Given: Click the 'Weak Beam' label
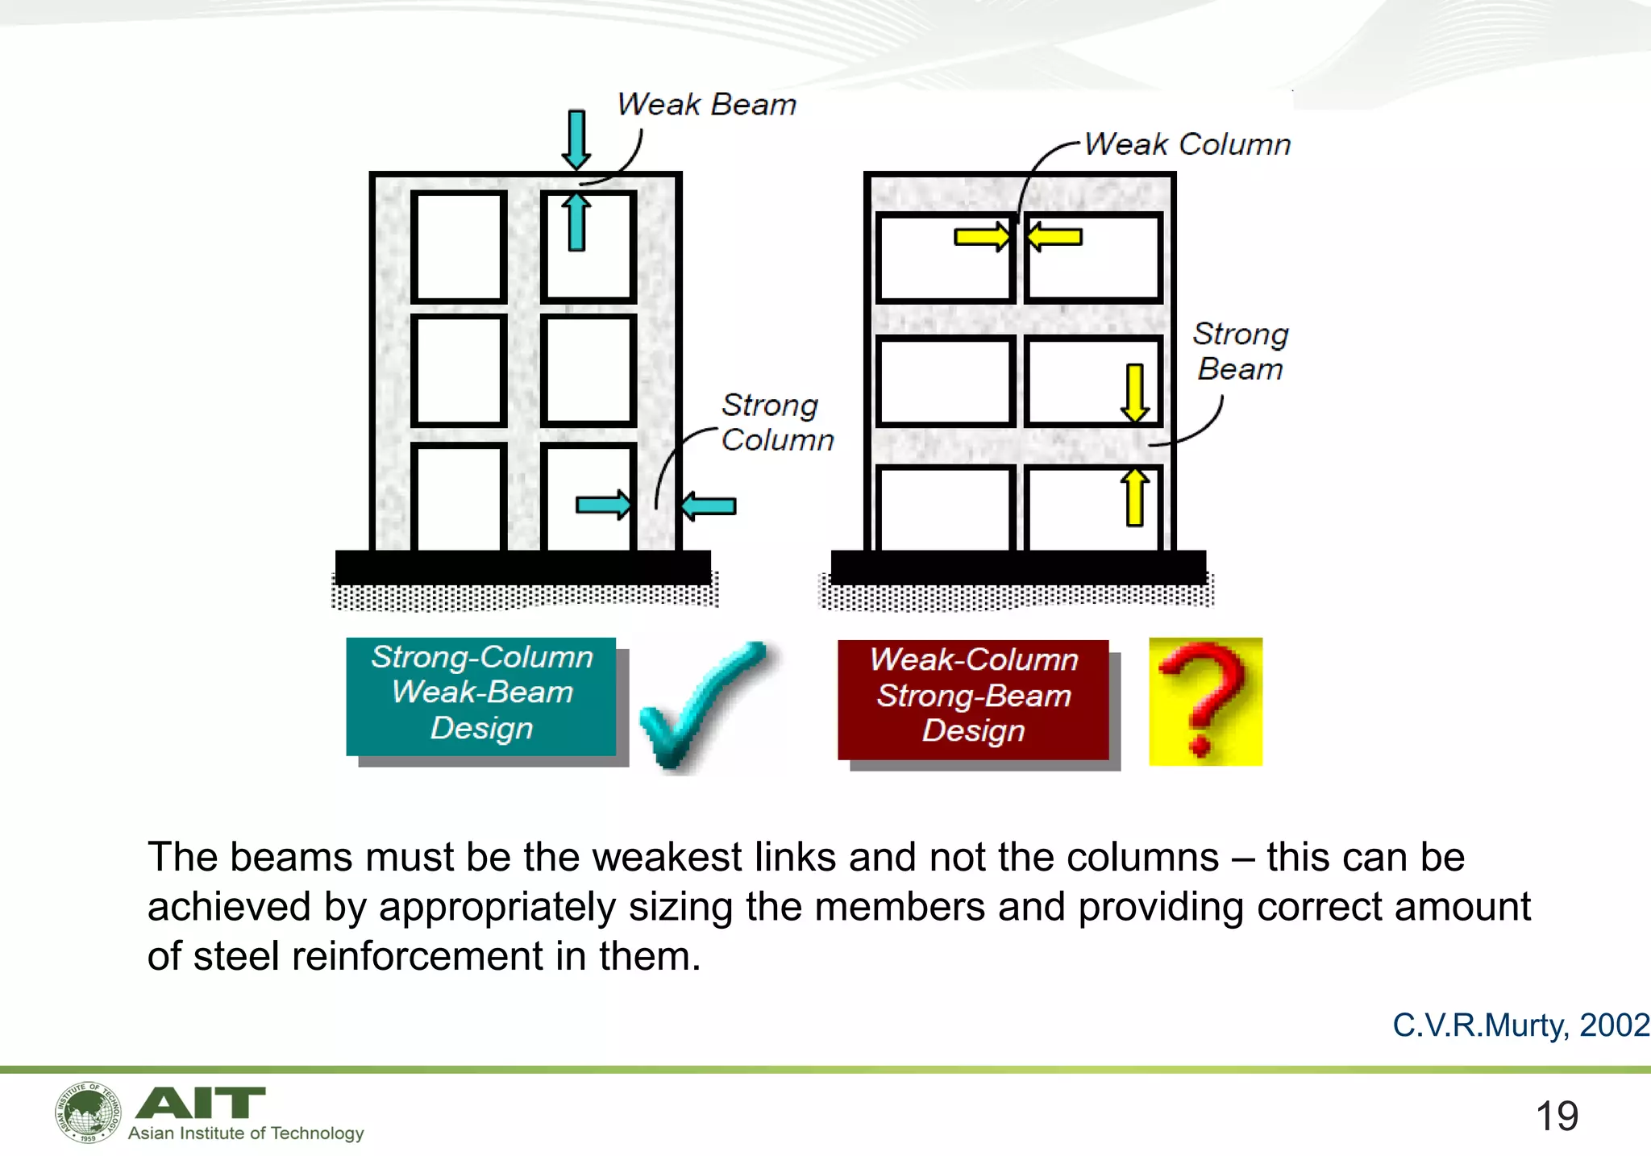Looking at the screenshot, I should (706, 105).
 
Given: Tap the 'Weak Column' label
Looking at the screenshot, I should (1187, 144).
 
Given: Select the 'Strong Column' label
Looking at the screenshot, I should (776, 422).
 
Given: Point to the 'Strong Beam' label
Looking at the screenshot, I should (1240, 351).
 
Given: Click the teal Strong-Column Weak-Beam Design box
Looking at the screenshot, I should (481, 696).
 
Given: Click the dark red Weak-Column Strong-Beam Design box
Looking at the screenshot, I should (973, 699).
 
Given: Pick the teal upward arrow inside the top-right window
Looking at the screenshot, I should (576, 221).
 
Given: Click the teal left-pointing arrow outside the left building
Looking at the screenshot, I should (708, 506).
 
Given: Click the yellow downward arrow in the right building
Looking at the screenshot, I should (1134, 393).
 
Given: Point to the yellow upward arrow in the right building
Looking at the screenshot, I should (1134, 497).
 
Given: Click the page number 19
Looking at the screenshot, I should (1556, 1116).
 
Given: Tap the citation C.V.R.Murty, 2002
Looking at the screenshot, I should (1520, 1025).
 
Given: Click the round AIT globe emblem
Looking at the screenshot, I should (88, 1112).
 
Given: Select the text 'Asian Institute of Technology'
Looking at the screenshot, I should (246, 1133).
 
